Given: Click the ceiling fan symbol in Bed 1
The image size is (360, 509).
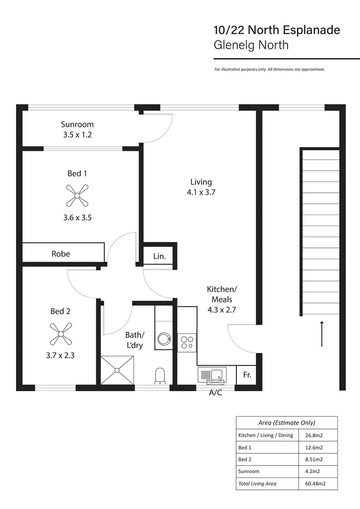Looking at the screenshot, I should click(75, 196).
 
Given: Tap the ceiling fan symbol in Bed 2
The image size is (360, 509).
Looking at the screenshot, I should click(60, 333).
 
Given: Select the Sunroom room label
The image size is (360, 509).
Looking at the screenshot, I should click(77, 124).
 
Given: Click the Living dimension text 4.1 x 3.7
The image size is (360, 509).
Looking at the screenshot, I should click(201, 192).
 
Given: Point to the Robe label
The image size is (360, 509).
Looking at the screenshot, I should click(61, 254).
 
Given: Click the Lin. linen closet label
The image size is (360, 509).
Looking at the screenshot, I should click(160, 256).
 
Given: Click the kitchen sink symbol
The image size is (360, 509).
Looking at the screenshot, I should click(213, 375).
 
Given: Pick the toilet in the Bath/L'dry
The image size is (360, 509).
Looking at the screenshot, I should click(160, 376).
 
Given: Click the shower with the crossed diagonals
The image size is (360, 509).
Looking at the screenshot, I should click(117, 371).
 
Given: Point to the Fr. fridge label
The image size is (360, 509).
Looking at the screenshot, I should click(246, 376).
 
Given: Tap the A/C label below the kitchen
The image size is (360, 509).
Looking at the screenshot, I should click(215, 392).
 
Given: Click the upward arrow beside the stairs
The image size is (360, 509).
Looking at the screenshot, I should click(322, 334).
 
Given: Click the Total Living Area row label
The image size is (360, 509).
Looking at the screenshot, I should click(257, 483).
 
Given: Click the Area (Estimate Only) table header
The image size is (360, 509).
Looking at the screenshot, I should click(287, 423).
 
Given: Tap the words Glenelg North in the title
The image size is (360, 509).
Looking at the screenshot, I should click(251, 45).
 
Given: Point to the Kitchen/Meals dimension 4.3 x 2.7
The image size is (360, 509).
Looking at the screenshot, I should click(221, 310).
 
